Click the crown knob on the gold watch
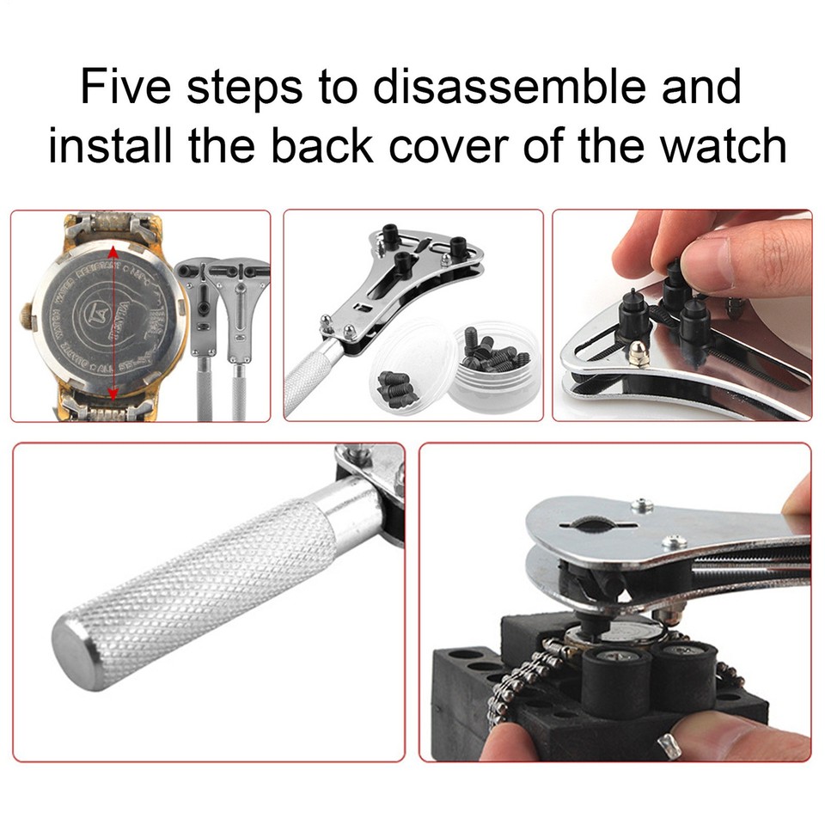coord(24,316)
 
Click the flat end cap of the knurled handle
coord(72,640)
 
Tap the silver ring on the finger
coord(669,745)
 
